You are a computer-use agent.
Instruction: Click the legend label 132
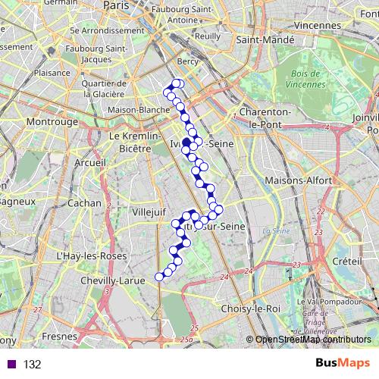coord(33,365)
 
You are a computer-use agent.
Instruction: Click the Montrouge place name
coord(52,121)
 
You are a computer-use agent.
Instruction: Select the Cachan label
coord(83,203)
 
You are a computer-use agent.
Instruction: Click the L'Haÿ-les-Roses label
coord(89,257)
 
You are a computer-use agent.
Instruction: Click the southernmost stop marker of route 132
coord(159,277)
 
